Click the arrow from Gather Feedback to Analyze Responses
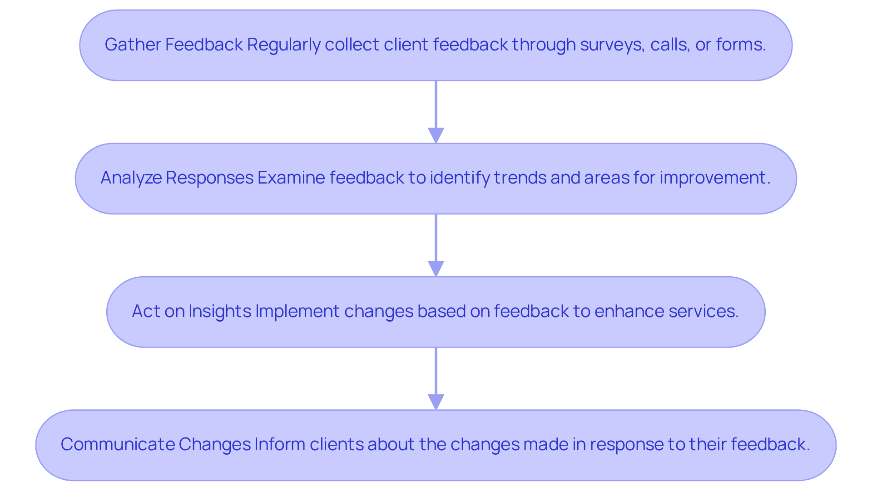point(436,111)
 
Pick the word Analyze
point(131,178)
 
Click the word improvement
point(715,178)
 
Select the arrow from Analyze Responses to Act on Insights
point(436,244)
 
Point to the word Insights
point(220,311)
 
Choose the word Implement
point(297,311)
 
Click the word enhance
point(629,311)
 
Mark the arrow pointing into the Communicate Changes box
point(436,378)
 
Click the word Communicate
point(117,444)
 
